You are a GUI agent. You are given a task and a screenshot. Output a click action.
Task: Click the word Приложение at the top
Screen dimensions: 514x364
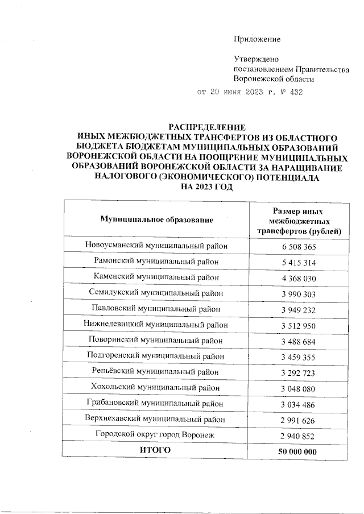click(x=257, y=39)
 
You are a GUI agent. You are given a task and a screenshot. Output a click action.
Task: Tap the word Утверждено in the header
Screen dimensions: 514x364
click(x=257, y=59)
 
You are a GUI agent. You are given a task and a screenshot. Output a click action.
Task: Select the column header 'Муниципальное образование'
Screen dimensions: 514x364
click(x=156, y=219)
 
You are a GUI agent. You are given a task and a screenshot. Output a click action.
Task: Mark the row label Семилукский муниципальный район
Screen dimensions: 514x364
click(x=156, y=293)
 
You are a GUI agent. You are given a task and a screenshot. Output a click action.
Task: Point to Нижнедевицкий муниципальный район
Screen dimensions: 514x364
click(x=156, y=325)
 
